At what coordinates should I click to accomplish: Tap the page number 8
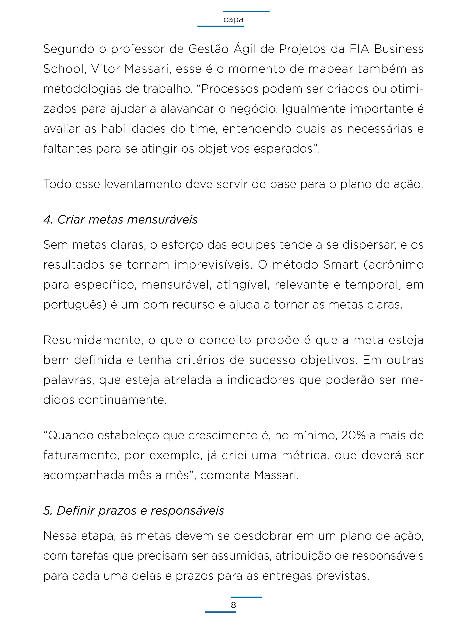233,605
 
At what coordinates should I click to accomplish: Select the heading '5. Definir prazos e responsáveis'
134,510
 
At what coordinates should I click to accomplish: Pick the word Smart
341,265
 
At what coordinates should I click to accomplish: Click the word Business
399,49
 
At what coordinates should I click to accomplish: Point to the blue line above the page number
246,597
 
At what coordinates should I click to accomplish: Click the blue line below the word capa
220,26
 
